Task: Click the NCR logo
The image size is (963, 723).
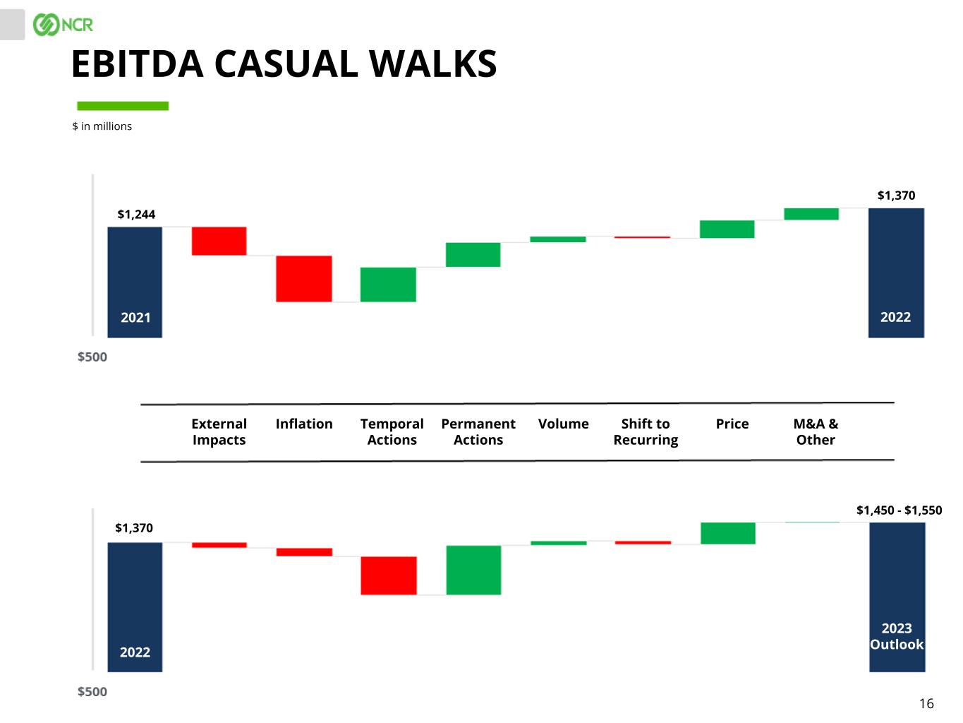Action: [x=63, y=25]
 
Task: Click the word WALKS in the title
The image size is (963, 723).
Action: [x=433, y=64]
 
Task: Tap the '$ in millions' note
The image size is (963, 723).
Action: [x=102, y=126]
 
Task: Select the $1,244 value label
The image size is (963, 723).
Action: [x=136, y=215]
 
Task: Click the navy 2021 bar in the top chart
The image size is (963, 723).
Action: [x=135, y=282]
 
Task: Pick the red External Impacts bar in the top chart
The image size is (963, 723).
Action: [x=219, y=241]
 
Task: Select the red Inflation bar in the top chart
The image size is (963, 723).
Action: [x=304, y=278]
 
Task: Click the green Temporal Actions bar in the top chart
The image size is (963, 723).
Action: [x=388, y=285]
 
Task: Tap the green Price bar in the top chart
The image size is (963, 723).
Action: [x=727, y=229]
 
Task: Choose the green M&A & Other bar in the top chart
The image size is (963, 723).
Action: [x=811, y=214]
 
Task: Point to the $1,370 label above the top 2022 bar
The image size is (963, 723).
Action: [x=896, y=196]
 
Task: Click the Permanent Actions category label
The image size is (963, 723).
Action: [x=478, y=431]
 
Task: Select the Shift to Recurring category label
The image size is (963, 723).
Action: [x=646, y=431]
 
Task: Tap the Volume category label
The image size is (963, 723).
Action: [x=563, y=424]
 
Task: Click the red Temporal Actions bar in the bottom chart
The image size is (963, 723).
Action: [x=389, y=575]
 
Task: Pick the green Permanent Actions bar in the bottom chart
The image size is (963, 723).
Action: [x=473, y=570]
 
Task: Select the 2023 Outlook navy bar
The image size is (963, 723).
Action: [x=897, y=597]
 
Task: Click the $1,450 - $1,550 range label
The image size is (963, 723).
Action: [x=899, y=510]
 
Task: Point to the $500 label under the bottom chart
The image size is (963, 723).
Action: [x=92, y=692]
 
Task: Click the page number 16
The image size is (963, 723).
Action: [x=926, y=703]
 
